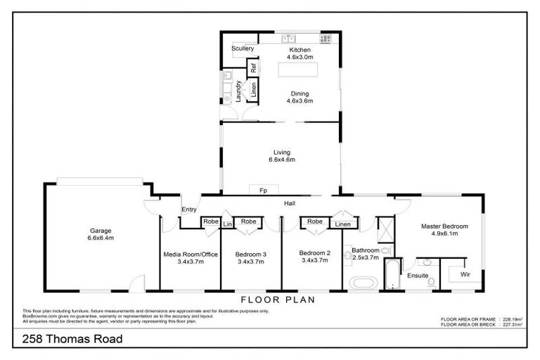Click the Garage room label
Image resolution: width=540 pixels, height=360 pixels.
(x=101, y=231)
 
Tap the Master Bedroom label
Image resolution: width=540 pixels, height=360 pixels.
(x=441, y=226)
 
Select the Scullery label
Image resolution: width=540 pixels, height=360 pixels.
(x=242, y=49)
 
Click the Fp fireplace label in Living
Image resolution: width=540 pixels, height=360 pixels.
(x=262, y=191)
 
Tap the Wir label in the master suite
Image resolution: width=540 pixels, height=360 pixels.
(x=465, y=275)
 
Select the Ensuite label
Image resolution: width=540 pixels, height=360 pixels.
(x=418, y=276)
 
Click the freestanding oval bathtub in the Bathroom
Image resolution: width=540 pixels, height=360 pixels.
(x=364, y=284)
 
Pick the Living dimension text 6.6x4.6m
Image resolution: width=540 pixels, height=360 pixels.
(x=281, y=160)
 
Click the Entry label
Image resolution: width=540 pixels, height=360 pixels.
(x=189, y=209)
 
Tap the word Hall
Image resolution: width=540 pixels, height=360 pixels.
(x=289, y=204)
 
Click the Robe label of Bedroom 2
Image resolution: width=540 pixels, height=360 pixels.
(x=314, y=222)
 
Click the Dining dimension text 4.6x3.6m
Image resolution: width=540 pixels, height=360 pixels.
(x=299, y=101)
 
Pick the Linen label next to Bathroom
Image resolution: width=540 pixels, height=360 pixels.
(x=342, y=224)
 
